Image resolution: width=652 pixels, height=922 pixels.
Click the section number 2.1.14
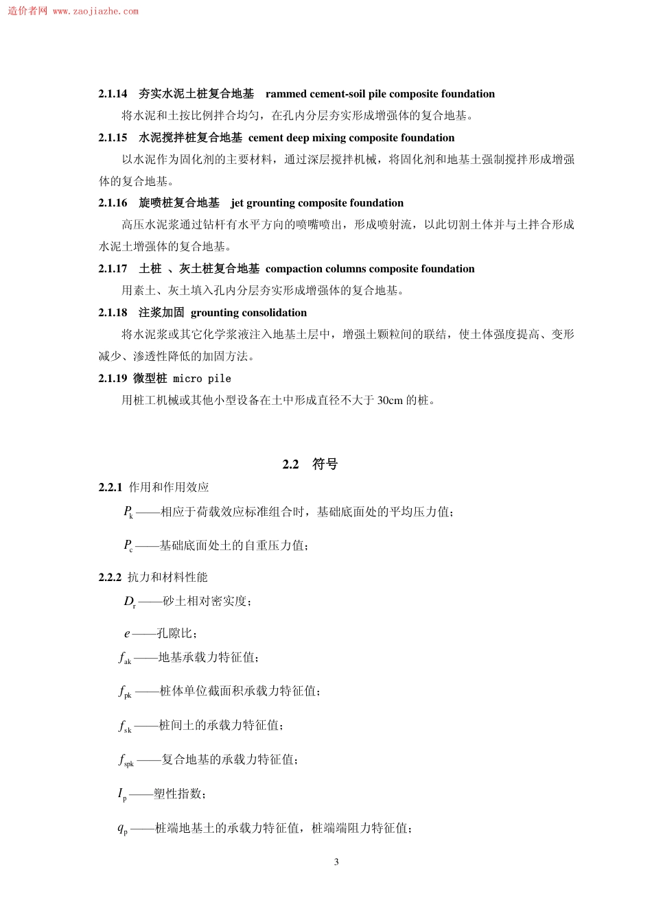point(113,94)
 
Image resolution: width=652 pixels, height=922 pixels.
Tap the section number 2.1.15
point(113,138)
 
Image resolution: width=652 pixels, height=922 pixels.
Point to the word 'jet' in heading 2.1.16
point(237,203)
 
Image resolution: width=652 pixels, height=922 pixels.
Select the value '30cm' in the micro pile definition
point(390,401)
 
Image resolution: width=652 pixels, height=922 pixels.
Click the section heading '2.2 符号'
point(310,464)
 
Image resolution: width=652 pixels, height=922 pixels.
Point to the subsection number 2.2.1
point(110,487)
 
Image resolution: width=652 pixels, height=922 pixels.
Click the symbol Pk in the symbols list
point(128,512)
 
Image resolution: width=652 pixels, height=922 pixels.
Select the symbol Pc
point(128,546)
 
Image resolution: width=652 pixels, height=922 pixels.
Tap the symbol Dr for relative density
point(130,602)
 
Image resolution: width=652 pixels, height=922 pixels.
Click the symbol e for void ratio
point(127,634)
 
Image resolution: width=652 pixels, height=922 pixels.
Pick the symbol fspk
point(126,760)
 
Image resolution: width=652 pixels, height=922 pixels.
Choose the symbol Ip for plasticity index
point(122,794)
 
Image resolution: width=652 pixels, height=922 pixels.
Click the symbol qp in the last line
point(122,829)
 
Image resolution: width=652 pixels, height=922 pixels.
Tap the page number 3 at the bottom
point(336,862)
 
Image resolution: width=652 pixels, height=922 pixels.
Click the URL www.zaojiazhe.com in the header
point(95,12)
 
